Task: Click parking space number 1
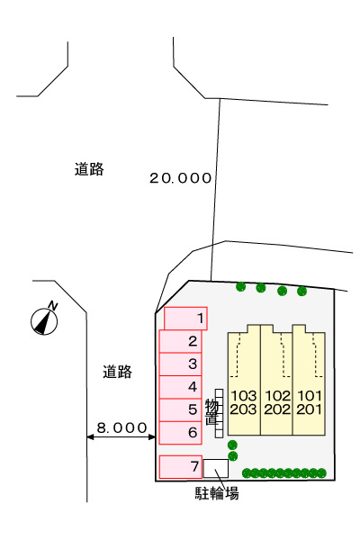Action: click(185, 319)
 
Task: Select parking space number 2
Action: click(181, 341)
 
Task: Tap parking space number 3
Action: click(181, 364)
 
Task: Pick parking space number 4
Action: click(181, 387)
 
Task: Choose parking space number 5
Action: click(181, 409)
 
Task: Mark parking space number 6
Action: click(181, 433)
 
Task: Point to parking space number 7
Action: click(181, 466)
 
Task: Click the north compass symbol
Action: click(44, 319)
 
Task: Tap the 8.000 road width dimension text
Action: click(122, 428)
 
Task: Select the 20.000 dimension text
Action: click(180, 178)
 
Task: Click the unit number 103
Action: click(243, 396)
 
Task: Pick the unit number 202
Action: click(277, 409)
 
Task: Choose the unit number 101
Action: click(309, 396)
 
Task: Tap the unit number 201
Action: click(309, 409)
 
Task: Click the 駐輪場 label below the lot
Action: click(217, 493)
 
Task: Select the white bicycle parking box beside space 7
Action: click(216, 468)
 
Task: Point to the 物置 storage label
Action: click(211, 411)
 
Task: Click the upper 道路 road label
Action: click(89, 169)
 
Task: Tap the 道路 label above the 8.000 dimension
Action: click(118, 372)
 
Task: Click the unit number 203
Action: click(243, 409)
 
